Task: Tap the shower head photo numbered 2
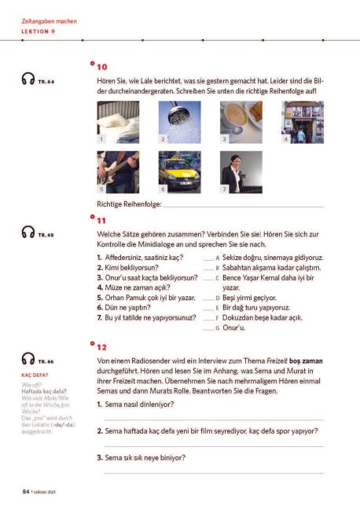179,122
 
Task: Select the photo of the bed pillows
118,122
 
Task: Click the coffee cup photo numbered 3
241,122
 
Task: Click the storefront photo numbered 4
302,122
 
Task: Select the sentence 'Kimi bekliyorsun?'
128,267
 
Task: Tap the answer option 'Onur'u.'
235,328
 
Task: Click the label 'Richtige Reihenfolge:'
129,204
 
